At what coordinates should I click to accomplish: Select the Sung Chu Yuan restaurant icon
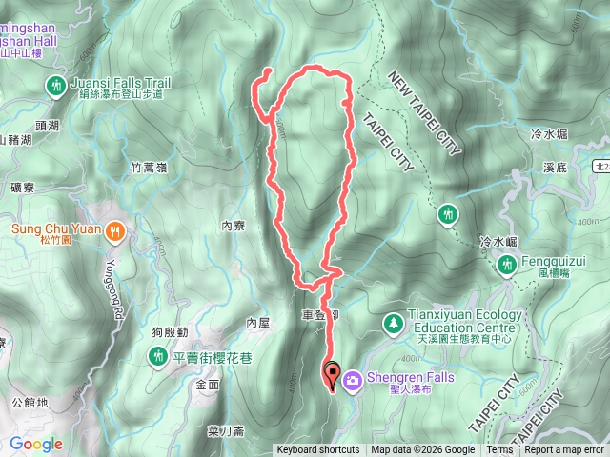115,229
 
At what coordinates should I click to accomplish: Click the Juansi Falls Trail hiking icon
57,87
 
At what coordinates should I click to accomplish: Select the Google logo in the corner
35,444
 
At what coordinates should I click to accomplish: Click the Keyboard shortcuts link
318,450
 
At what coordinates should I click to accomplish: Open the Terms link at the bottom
499,450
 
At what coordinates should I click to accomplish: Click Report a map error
564,450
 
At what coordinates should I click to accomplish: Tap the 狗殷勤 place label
169,331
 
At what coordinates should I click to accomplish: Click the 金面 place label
207,386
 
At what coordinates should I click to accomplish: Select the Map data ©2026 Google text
422,450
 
